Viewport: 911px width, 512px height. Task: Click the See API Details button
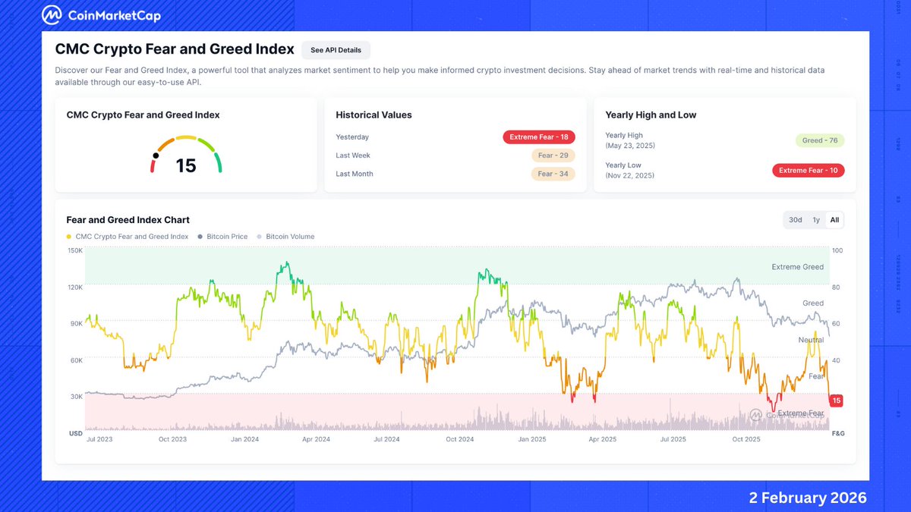point(336,50)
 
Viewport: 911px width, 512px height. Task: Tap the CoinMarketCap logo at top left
point(101,15)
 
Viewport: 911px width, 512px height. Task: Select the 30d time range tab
point(795,220)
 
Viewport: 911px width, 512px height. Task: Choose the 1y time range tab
point(816,220)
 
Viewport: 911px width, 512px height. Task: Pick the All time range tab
point(834,220)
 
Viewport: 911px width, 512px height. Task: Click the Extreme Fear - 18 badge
point(538,137)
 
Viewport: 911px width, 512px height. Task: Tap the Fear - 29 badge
point(553,155)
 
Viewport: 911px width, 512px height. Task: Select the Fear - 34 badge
point(553,174)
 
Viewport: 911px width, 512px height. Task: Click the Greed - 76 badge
point(819,140)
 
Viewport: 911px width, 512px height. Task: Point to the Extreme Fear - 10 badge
point(808,171)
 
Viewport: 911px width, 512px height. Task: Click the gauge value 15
point(186,165)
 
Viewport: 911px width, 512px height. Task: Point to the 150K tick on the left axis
point(75,250)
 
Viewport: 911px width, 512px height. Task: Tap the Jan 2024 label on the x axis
point(244,439)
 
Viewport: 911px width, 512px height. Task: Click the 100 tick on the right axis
point(837,250)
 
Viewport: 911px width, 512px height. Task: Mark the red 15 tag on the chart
point(837,400)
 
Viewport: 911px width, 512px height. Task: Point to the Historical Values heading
point(374,115)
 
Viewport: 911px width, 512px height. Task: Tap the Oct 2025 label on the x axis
point(746,439)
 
